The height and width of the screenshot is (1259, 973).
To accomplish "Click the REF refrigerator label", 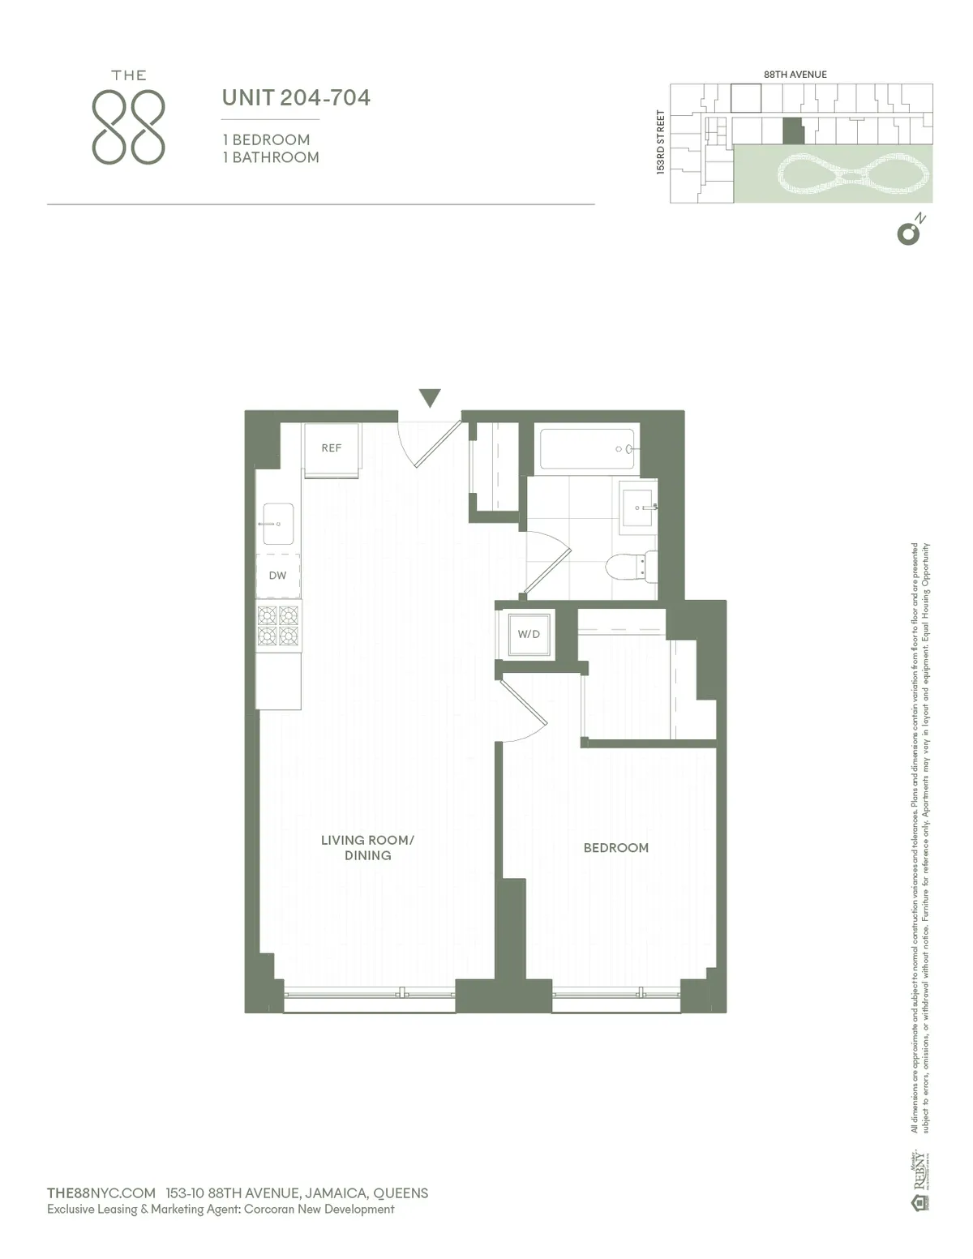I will click(331, 448).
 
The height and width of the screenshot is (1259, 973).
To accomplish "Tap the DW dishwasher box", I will click(277, 576).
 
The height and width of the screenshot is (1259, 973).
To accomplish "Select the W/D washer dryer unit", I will click(529, 634).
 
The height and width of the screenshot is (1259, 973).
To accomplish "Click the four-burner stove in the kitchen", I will click(278, 625).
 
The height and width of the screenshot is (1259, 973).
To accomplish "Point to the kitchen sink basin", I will click(278, 524).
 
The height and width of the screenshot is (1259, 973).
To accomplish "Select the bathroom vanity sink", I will click(637, 508).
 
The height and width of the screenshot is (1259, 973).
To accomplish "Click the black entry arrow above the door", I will click(430, 397).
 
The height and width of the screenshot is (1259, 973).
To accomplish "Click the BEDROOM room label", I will click(615, 848).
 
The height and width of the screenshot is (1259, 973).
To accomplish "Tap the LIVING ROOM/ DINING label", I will click(367, 847).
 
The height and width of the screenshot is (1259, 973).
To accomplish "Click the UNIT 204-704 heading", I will click(296, 98).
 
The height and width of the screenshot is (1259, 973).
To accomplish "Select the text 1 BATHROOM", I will click(271, 157).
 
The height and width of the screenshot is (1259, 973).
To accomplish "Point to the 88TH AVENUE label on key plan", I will click(795, 74).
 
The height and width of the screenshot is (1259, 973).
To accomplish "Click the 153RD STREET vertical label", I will click(661, 142).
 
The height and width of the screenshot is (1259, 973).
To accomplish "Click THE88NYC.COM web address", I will click(101, 1193).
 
